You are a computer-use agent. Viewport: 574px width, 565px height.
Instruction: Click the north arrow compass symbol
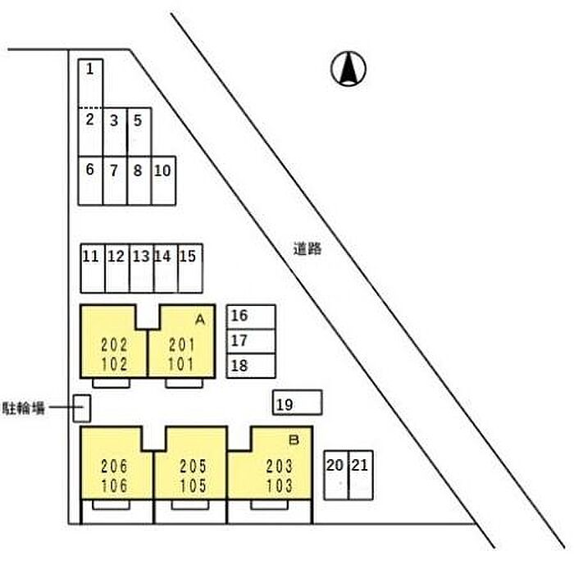coord(348,69)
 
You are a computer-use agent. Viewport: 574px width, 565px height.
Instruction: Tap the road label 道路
coord(307,249)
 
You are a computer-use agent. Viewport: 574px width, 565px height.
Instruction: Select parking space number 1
coord(90,84)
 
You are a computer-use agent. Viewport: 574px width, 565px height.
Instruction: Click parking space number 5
coord(139,132)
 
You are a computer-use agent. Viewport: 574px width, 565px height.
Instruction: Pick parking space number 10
coord(163,180)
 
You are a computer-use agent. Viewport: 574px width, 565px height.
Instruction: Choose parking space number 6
coord(90,180)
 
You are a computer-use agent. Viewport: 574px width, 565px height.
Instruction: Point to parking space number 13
coord(142,268)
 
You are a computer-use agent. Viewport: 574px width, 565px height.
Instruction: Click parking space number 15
coord(190,268)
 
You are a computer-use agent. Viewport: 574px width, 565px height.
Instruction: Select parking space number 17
coord(251,341)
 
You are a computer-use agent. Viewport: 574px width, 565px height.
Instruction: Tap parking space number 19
coord(297,403)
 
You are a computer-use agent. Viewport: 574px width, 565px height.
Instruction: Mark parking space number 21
coord(361,476)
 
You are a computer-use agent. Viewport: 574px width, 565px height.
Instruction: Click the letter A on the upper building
coord(200,320)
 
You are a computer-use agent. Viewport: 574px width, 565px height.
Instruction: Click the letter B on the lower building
coord(294,440)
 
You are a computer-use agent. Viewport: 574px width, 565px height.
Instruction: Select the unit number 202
coord(114,345)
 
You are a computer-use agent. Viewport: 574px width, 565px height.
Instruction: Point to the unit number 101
coord(181,364)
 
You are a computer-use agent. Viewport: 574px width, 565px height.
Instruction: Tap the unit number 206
coord(114,467)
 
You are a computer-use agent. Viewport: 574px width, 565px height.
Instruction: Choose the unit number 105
coord(194,485)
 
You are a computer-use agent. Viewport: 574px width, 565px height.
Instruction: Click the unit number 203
coord(280,467)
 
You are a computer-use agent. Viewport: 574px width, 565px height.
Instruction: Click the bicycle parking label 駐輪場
coord(24,408)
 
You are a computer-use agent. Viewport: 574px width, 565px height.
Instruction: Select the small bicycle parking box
coord(82,408)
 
